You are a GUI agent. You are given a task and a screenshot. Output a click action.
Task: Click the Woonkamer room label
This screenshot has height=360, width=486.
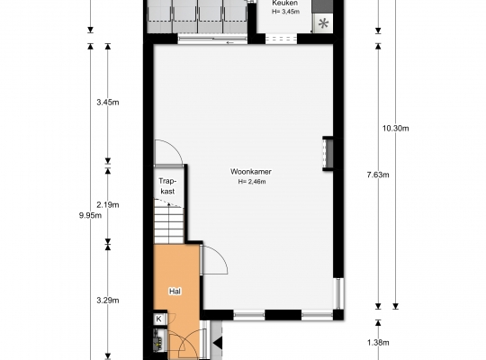tap(251, 172)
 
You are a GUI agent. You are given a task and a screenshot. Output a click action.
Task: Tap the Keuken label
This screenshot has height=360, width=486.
tap(284, 3)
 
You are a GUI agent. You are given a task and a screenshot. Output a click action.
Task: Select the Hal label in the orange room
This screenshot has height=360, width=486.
tap(175, 292)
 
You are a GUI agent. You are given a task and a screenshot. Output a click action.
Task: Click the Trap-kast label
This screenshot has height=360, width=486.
tap(167, 186)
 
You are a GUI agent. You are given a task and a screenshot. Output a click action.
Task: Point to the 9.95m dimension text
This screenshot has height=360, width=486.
tap(90, 215)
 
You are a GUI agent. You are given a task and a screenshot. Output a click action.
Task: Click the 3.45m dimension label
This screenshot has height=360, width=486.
tap(108, 103)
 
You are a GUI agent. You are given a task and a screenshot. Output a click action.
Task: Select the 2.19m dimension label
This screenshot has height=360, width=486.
tap(108, 205)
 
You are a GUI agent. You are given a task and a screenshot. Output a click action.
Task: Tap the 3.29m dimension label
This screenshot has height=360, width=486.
tap(108, 301)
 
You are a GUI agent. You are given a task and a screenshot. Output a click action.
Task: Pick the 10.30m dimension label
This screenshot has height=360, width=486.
tap(395, 129)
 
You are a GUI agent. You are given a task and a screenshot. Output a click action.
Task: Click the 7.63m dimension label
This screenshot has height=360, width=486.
tap(378, 175)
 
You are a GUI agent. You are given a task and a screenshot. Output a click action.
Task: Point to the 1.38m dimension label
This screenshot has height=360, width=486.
tap(378, 343)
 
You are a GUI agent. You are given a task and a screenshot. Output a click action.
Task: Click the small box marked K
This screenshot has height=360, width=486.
tap(158, 319)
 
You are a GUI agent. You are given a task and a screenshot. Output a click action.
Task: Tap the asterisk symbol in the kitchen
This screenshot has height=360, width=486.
tap(323, 23)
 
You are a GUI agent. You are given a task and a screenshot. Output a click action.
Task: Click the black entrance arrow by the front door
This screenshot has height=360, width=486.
tap(218, 343)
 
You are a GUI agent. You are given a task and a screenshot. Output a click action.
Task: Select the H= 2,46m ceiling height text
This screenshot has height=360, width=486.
tap(252, 182)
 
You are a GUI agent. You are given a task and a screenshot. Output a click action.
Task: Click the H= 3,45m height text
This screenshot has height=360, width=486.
tap(285, 12)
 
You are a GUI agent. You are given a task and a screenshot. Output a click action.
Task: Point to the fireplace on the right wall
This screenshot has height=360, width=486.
tap(328, 154)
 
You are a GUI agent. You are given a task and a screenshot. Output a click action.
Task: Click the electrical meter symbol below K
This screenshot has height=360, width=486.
tap(157, 341)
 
